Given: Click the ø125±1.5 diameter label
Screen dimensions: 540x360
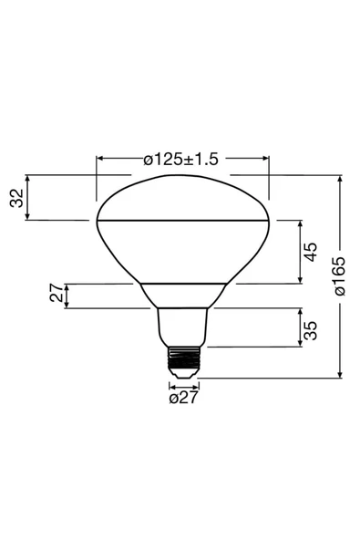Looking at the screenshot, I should tap(181, 159).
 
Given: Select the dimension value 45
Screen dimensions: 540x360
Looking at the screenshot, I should tap(311, 252).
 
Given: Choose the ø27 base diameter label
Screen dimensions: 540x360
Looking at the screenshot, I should tap(183, 397).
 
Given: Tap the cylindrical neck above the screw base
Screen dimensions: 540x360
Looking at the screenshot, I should tap(182, 327).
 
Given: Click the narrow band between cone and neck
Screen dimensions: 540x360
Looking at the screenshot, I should tap(182, 296).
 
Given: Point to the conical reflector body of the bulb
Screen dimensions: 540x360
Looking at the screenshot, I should tap(182, 252).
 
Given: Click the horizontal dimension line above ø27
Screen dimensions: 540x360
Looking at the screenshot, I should tap(182, 385).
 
